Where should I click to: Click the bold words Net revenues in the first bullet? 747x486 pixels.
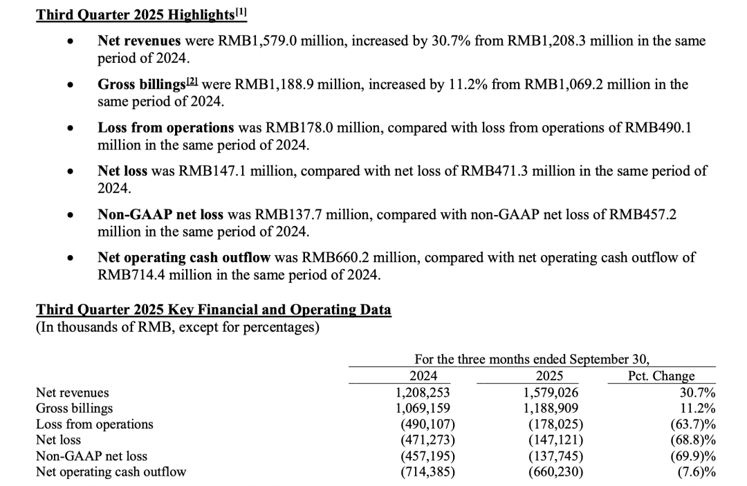(x=139, y=41)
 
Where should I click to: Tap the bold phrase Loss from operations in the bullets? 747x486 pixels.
(x=166, y=128)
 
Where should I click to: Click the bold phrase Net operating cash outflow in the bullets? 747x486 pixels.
(x=184, y=258)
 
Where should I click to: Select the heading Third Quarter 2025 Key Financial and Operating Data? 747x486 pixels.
(x=213, y=310)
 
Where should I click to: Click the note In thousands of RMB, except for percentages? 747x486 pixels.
(x=177, y=326)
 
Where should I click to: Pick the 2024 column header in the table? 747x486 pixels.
(x=423, y=376)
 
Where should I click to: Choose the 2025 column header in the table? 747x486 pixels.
(x=549, y=376)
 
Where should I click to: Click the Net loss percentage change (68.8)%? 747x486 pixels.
(x=692, y=440)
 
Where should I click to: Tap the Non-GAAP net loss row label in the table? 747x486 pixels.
(x=91, y=456)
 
